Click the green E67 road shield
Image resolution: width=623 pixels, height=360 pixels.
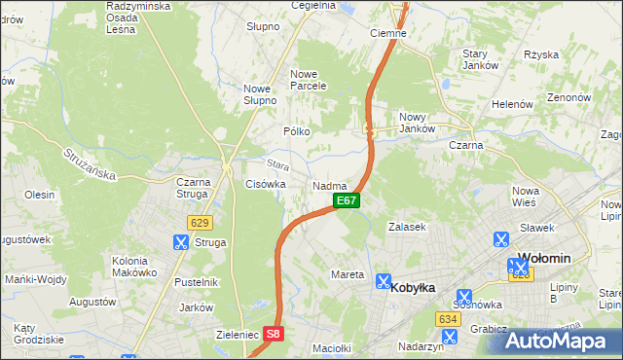tap(348, 200)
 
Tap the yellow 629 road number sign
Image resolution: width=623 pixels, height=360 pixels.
tap(201, 222)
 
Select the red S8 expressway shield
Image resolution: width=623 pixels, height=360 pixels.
tap(274, 333)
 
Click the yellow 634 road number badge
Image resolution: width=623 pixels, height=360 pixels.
tap(448, 319)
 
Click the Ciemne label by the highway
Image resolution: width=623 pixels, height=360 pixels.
tap(388, 32)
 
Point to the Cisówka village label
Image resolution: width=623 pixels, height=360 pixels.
tap(265, 183)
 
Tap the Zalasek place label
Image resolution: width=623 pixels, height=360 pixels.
tap(407, 226)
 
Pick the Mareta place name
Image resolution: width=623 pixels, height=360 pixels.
tap(348, 274)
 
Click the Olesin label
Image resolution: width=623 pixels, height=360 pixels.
tap(39, 195)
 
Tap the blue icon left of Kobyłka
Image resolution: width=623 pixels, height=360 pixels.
tap(384, 280)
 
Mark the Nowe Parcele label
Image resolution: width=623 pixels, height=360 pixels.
tap(308, 79)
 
